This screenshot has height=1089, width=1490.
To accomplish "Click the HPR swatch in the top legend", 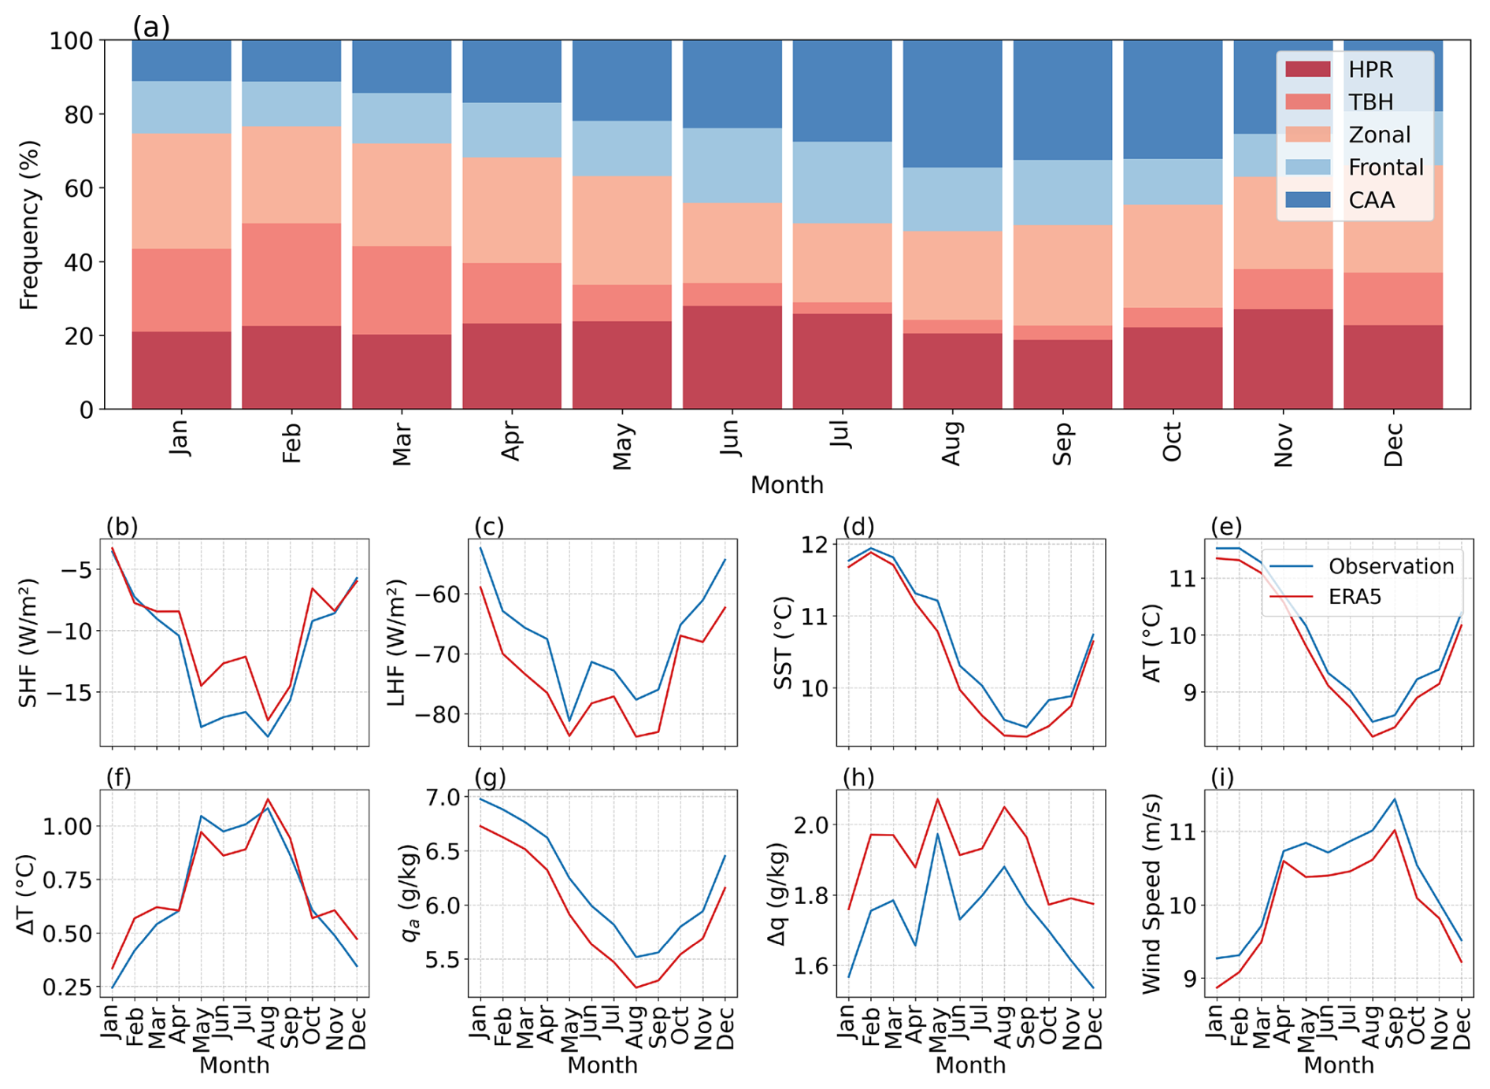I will [1307, 69].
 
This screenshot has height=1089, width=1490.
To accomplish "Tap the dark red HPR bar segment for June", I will [732, 357].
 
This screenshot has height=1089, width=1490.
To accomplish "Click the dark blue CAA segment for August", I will [952, 103].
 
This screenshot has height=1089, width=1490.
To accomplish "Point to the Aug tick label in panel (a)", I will [952, 443].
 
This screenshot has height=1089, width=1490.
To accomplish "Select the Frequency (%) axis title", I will [29, 225].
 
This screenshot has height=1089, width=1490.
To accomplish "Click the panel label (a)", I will [151, 28].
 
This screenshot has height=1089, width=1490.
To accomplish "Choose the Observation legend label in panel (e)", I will [1391, 566].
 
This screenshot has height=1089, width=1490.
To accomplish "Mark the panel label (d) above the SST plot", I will [858, 526].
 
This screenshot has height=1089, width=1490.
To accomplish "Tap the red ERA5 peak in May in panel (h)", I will [938, 799].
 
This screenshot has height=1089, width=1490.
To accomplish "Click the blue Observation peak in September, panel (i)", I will [1395, 799].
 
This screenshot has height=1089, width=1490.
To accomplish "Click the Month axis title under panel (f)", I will [234, 1065].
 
